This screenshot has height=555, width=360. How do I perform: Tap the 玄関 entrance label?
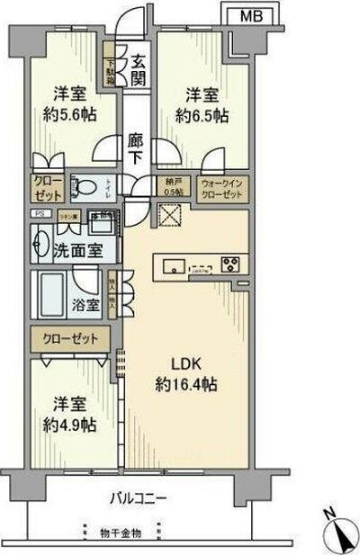pos(139,71)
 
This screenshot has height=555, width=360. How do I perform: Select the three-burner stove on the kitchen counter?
pos(229,265)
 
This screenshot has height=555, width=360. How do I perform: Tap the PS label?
pos(39,213)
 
